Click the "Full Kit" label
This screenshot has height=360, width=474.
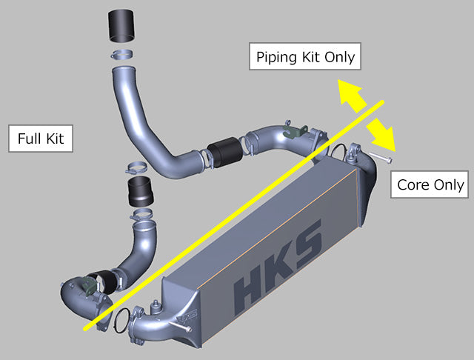coord(40,139)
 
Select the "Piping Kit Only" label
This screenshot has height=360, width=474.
coord(304,56)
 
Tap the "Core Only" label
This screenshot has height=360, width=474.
coord(431,184)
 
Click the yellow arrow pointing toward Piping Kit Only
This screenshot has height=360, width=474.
coord(352,96)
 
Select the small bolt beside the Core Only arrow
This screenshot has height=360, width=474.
coord(384,156)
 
